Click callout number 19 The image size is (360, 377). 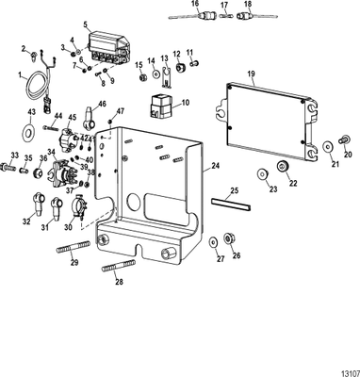[x=251, y=72]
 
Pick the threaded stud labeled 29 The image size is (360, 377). [x=82, y=252]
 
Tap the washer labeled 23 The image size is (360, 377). [x=262, y=174]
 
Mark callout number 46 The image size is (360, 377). [x=103, y=105]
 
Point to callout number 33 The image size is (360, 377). [x=13, y=155]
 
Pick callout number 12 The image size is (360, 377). [x=177, y=55]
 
